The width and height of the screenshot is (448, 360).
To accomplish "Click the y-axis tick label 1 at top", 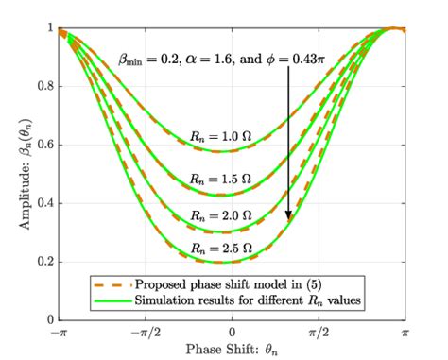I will pos(45,28).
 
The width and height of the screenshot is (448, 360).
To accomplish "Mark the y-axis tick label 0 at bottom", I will pos(45,321).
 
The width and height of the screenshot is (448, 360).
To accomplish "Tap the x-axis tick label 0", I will pos(231,334).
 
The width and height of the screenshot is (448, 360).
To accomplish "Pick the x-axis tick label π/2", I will pos(319,334).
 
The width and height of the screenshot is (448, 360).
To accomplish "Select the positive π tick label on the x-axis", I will pos(405,334).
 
